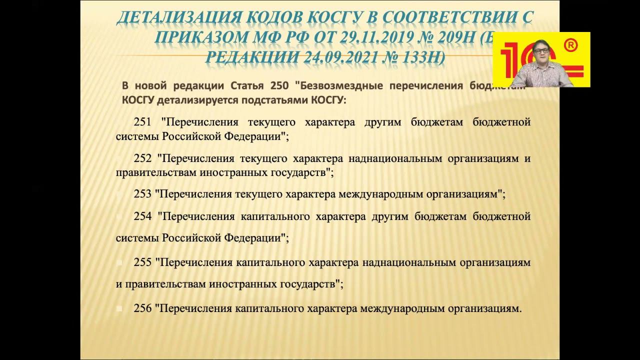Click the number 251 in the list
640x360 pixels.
(x=143, y=122)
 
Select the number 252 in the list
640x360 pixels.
(x=143, y=159)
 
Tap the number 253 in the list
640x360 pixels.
(x=142, y=194)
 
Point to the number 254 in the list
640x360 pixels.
(x=143, y=216)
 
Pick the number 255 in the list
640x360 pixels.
(x=142, y=262)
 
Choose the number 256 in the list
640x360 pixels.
(x=142, y=308)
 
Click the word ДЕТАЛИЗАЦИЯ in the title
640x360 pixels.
(x=178, y=18)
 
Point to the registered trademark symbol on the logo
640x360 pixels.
(x=570, y=45)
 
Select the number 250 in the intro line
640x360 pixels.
(x=278, y=85)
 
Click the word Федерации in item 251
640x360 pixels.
(x=256, y=136)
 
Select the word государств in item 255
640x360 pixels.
(x=306, y=284)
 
